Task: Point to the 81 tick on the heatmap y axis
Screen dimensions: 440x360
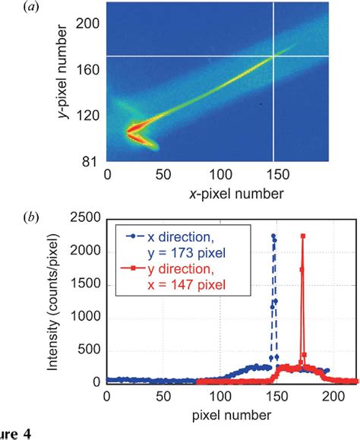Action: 90,161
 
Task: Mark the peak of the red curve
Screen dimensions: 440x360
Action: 303,236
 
